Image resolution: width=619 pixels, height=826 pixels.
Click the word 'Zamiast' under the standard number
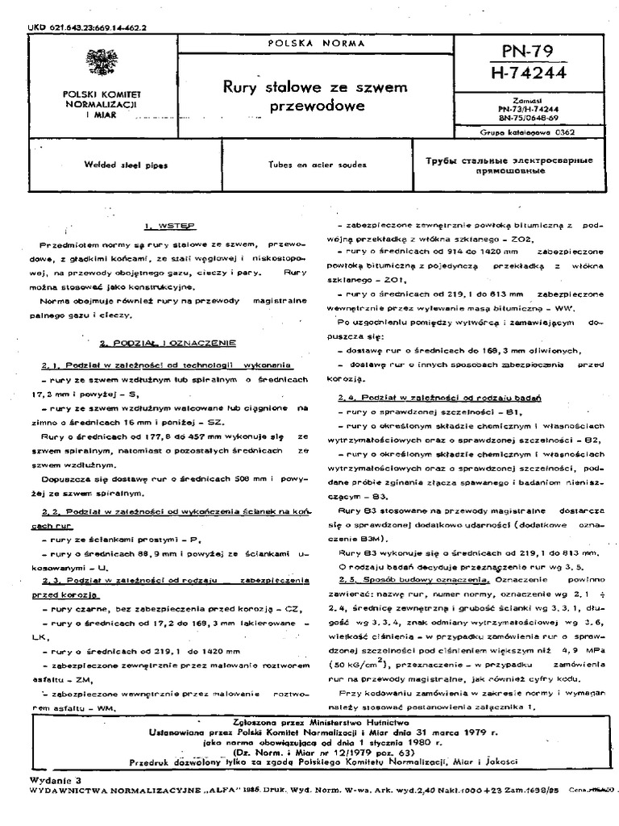pyautogui.click(x=531, y=97)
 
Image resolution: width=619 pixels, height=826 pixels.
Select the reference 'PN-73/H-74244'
pyautogui.click(x=531, y=106)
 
